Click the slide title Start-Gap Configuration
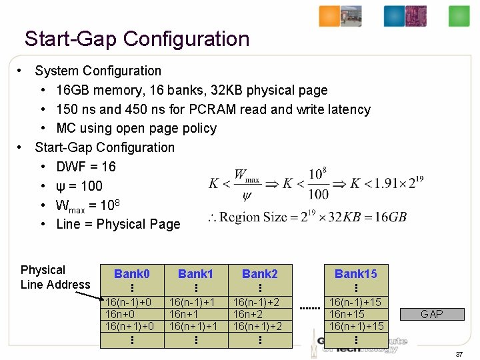tap(137, 39)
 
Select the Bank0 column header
tap(131, 274)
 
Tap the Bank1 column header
tap(195, 274)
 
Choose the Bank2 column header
tap(259, 274)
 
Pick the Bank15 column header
tap(355, 274)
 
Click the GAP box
tap(432, 314)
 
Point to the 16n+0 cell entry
tap(121, 314)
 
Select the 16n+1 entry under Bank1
tap(185, 314)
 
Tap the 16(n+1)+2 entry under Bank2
tap(257, 326)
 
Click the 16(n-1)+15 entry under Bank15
tap(355, 303)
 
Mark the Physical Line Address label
tap(55, 277)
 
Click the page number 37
tap(459, 354)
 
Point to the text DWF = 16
tap(86, 167)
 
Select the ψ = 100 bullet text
tap(79, 186)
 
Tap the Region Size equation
tap(307, 217)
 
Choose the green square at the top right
tap(459, 16)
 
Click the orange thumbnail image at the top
tap(329, 16)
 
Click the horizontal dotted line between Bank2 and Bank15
tap(311, 309)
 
